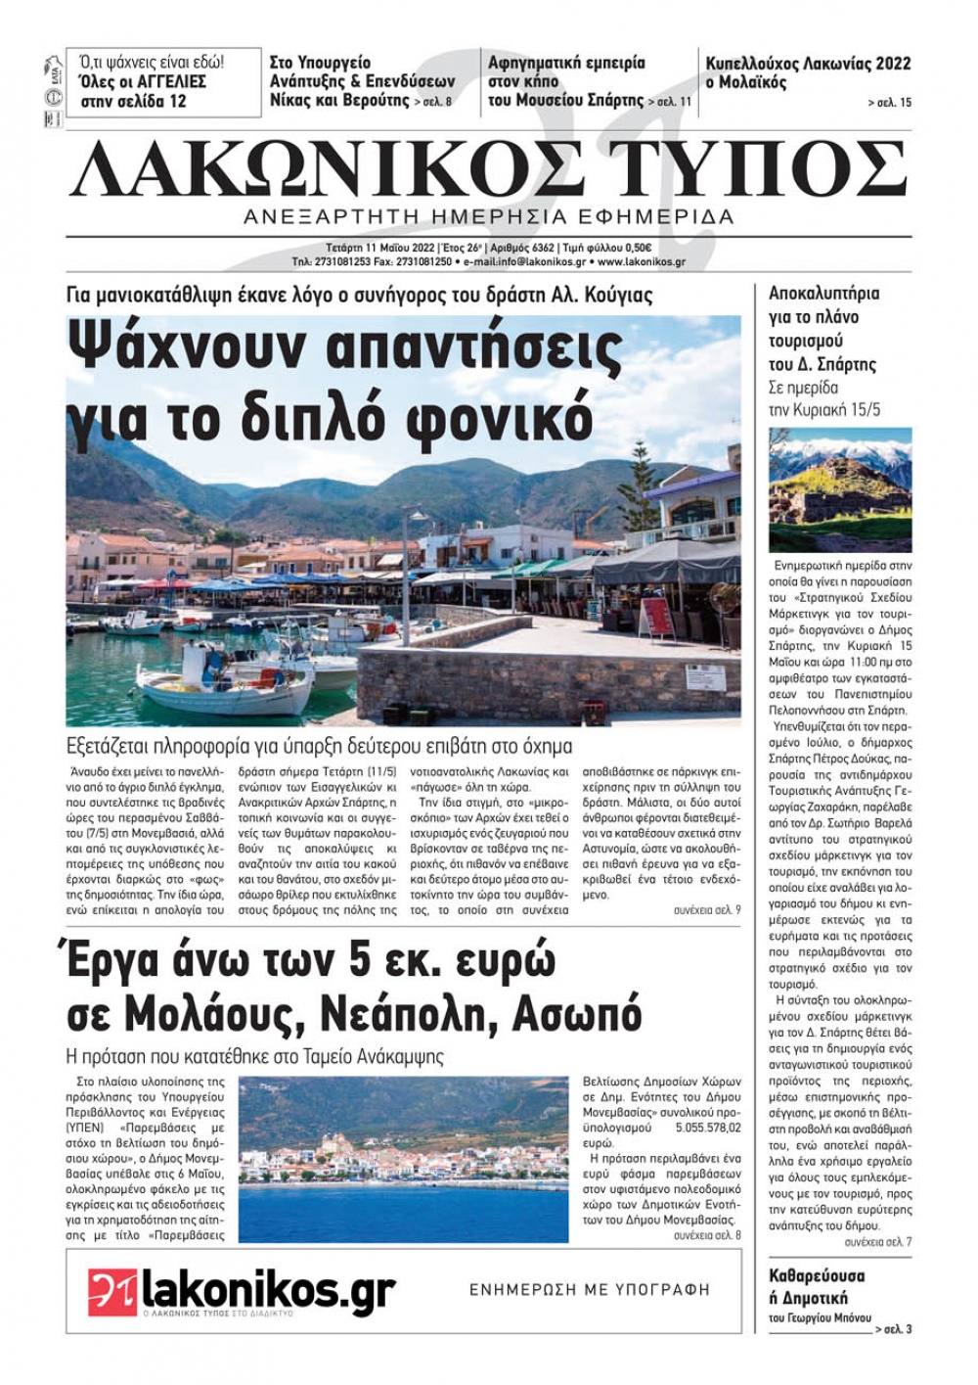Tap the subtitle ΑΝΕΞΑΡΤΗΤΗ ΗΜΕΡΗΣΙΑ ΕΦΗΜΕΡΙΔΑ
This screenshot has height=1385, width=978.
tap(488, 216)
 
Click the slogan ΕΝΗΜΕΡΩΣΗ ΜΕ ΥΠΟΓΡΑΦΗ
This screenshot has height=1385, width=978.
tap(590, 1290)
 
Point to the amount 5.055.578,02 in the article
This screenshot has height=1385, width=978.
tap(707, 1128)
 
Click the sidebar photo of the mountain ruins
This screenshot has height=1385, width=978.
tap(840, 489)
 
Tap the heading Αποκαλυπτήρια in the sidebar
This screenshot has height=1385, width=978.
tap(823, 293)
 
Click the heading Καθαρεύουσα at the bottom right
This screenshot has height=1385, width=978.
tap(817, 1275)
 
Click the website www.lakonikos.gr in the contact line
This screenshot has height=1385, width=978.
tap(641, 262)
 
